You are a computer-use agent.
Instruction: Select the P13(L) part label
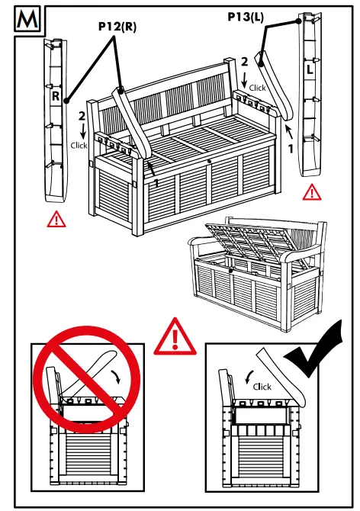click(x=246, y=16)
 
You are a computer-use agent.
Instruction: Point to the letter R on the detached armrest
click(x=56, y=97)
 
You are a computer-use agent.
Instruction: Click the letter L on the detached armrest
click(x=310, y=69)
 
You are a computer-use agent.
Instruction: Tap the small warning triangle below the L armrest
click(x=311, y=191)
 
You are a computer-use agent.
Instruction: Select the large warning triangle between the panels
click(x=175, y=337)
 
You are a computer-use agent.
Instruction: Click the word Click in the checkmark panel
click(x=262, y=387)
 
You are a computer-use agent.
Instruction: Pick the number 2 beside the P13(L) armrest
click(x=244, y=61)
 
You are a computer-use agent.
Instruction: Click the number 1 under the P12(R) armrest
click(x=156, y=183)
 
